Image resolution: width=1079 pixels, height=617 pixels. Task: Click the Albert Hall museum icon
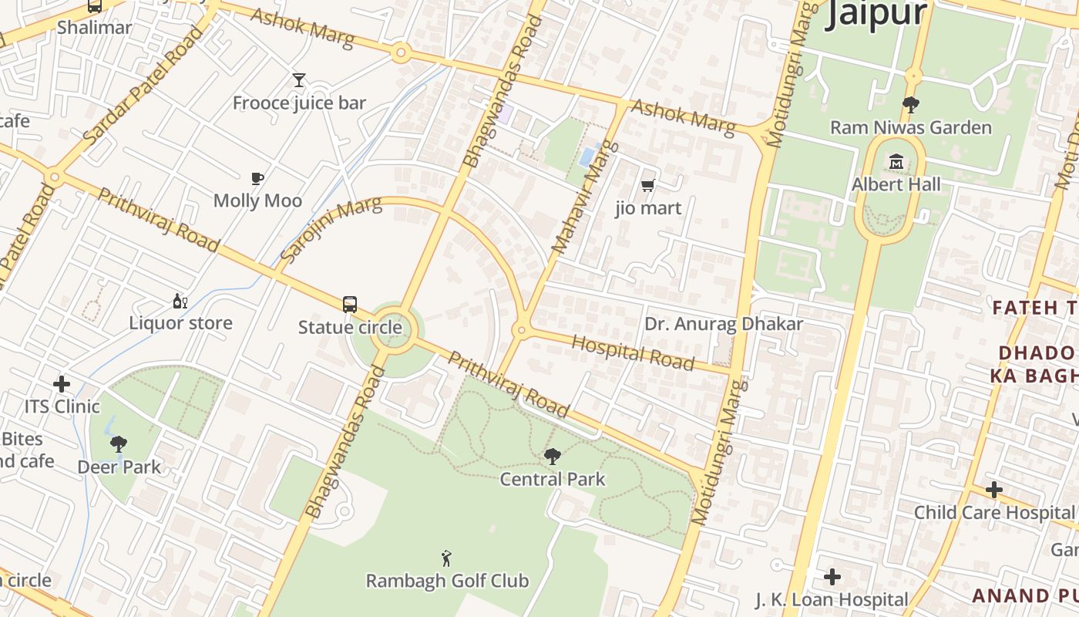[896, 162]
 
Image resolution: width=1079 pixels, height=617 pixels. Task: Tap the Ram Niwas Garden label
[910, 127]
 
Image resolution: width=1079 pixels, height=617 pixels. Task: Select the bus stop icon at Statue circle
[350, 304]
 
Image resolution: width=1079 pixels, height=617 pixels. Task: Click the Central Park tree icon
[552, 457]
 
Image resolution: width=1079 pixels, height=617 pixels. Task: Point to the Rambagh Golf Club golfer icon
[446, 558]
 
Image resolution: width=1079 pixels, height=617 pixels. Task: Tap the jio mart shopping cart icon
[648, 185]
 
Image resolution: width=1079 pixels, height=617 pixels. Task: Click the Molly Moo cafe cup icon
[257, 178]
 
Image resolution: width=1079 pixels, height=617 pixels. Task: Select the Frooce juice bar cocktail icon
[299, 80]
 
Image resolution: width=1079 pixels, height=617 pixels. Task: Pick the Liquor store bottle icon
[180, 301]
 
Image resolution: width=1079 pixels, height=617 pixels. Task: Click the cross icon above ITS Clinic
[62, 384]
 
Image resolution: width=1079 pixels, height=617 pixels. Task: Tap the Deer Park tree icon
[119, 444]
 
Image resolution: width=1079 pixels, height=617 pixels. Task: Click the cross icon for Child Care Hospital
[994, 490]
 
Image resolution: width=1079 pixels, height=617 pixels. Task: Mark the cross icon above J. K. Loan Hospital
[832, 577]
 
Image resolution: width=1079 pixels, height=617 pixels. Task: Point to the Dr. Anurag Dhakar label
[723, 324]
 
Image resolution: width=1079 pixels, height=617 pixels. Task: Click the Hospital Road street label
[633, 352]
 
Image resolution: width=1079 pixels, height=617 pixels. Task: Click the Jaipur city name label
[876, 14]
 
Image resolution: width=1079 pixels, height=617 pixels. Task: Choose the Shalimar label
[95, 27]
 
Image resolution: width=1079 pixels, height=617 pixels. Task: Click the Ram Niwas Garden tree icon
[911, 104]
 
